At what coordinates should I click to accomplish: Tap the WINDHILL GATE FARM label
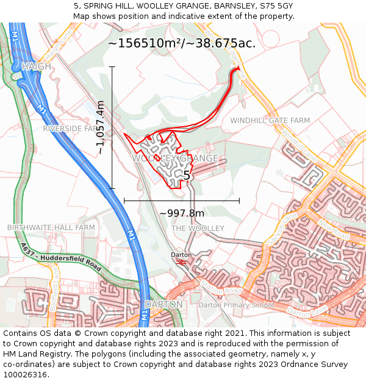pos(270,121)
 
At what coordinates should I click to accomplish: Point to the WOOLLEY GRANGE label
pos(175,158)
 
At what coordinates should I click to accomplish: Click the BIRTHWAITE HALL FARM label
pos(51,227)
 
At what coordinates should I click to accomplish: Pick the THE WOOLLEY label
pos(198,228)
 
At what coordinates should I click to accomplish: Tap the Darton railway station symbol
pos(181,262)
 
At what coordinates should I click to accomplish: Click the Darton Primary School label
pos(236,305)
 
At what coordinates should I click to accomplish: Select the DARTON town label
pos(163,304)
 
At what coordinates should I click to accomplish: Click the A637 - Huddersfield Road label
pos(60,258)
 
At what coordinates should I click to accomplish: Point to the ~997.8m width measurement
pos(182,213)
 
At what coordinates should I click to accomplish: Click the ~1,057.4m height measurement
pos(101,127)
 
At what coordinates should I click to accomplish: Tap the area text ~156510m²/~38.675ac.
pos(182,43)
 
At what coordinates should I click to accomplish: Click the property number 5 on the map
pos(187,176)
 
